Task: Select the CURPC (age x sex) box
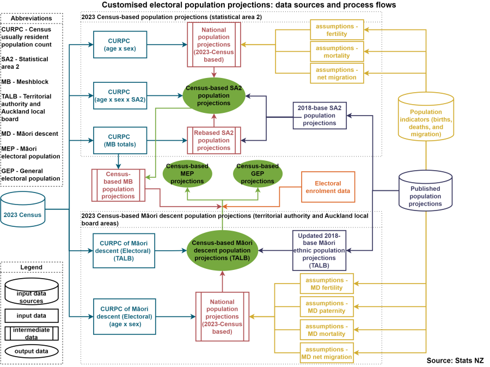(x=120, y=45)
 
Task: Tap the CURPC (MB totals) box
(x=120, y=141)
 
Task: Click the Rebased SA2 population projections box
(x=213, y=141)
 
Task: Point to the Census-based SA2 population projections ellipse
(x=213, y=95)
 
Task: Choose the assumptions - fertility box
(x=337, y=30)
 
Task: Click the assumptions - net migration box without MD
(x=337, y=74)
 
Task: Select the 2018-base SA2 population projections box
(x=320, y=116)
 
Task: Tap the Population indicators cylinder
(x=426, y=116)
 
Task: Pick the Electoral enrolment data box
(x=328, y=187)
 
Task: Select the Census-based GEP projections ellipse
(x=258, y=174)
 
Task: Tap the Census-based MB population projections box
(x=118, y=185)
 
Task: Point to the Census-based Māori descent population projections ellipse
(x=222, y=250)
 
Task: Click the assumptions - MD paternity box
(x=327, y=307)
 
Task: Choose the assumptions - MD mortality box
(x=327, y=330)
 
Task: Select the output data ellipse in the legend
(x=31, y=351)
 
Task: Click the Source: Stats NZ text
(x=455, y=360)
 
